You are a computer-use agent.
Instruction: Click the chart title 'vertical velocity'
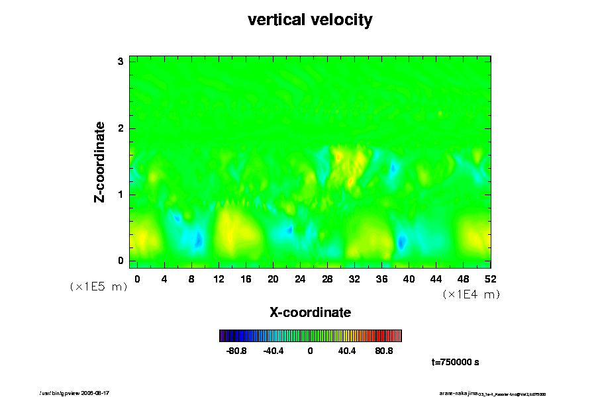click(310, 20)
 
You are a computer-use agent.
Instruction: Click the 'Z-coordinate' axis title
click(100, 161)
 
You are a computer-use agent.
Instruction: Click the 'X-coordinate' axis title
click(310, 312)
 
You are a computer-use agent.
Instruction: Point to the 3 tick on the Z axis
click(121, 62)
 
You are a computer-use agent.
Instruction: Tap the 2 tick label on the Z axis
click(121, 128)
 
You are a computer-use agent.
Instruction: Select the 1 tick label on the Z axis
click(121, 195)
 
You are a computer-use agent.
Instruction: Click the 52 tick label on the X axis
click(491, 279)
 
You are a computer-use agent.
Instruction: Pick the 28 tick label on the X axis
click(327, 279)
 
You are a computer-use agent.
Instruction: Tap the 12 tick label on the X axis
click(219, 279)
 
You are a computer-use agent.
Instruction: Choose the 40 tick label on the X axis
click(409, 279)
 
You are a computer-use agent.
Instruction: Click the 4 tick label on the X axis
click(164, 279)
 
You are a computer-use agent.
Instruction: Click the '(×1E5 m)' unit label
click(99, 287)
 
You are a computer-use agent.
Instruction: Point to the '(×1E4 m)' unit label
click(471, 294)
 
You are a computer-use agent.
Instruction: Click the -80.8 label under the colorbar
click(237, 351)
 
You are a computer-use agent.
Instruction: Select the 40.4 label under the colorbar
click(347, 351)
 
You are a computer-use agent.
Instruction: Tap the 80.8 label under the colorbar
click(384, 351)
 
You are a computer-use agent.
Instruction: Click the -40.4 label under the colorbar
click(273, 351)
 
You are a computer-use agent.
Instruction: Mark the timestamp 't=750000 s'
click(455, 362)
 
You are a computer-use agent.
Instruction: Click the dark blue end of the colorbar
click(223, 335)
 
